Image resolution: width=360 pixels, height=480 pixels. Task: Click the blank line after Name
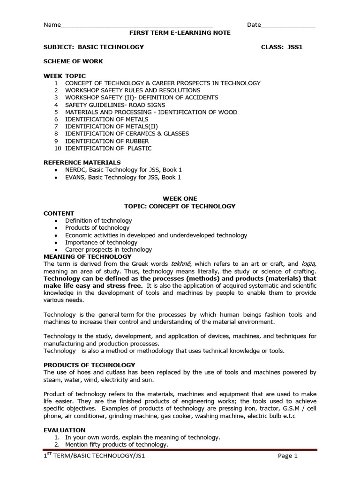(136, 25)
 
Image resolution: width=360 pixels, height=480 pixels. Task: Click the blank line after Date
(288, 25)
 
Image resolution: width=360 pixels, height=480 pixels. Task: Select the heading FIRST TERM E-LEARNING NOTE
(180, 33)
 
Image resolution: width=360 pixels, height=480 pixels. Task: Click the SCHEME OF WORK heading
(73, 61)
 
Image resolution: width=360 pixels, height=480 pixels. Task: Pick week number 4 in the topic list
(56, 105)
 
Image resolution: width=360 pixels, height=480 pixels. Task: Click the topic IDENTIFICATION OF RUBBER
(107, 141)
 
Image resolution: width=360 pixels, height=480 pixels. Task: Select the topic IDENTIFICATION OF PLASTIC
(108, 148)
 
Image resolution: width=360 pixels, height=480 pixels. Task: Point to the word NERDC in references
(75, 170)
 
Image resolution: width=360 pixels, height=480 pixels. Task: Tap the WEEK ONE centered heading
(180, 199)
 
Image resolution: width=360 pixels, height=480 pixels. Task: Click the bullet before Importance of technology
(56, 242)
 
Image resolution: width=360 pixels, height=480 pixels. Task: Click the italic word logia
(308, 264)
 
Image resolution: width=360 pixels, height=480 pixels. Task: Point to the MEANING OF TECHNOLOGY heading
(88, 257)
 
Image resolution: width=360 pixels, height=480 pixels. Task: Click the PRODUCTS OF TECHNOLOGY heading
(90, 365)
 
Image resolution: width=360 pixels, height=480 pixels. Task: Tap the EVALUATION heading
(65, 430)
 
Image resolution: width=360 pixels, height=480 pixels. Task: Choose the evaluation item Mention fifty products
(117, 444)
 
